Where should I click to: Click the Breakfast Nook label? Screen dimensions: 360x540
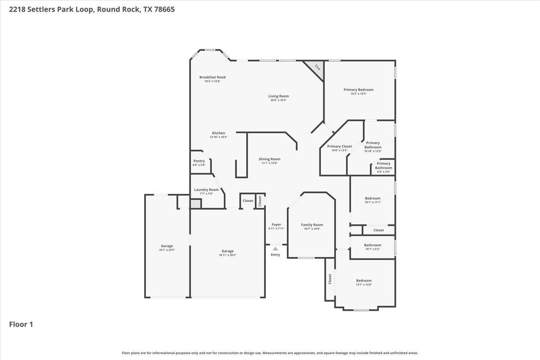pyautogui.click(x=212, y=77)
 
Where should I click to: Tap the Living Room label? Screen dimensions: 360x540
pyautogui.click(x=278, y=96)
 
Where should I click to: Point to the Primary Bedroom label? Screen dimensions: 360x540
pyautogui.click(x=358, y=90)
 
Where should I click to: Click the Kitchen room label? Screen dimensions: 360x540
pyautogui.click(x=218, y=133)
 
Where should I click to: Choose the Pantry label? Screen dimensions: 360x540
pyautogui.click(x=199, y=161)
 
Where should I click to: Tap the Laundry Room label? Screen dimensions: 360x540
pyautogui.click(x=206, y=190)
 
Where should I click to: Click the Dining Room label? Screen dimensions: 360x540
pyautogui.click(x=269, y=159)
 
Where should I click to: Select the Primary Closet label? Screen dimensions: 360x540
pyautogui.click(x=339, y=147)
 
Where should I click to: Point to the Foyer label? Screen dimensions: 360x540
pyautogui.click(x=276, y=225)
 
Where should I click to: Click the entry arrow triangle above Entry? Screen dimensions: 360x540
pyautogui.click(x=275, y=248)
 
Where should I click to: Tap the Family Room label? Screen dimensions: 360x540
pyautogui.click(x=312, y=225)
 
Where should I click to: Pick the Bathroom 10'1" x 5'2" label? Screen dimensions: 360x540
pyautogui.click(x=373, y=245)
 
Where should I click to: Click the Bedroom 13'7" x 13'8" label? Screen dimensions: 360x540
pyautogui.click(x=364, y=281)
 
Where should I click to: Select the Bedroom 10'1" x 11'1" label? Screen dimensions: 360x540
pyautogui.click(x=373, y=198)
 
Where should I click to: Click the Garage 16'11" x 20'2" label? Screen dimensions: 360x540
pyautogui.click(x=227, y=252)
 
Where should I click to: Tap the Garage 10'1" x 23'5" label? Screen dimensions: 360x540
pyautogui.click(x=167, y=246)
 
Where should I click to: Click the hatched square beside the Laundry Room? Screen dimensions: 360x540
pyautogui.click(x=195, y=204)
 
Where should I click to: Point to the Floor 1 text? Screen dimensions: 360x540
pyautogui.click(x=21, y=324)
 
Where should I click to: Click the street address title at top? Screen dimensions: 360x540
pyautogui.click(x=89, y=9)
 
